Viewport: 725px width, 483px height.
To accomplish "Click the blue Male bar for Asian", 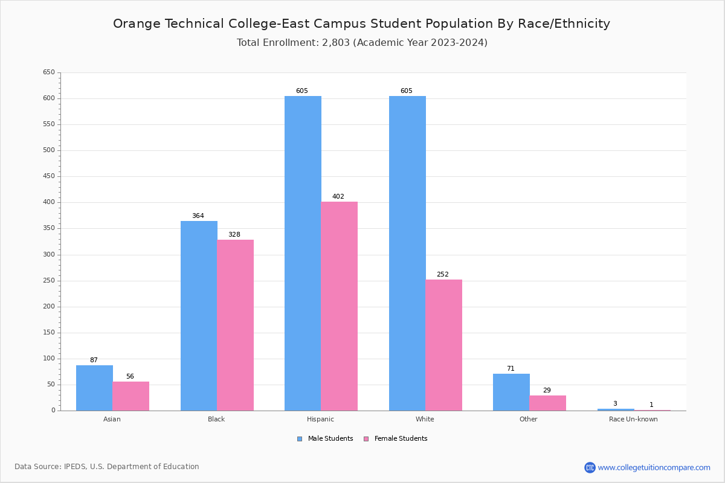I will pos(94,388).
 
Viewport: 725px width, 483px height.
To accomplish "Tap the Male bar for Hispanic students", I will pos(303,254).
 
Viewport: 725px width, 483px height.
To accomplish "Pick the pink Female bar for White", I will pos(443,345).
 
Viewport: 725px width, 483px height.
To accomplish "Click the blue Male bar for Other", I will pos(511,392).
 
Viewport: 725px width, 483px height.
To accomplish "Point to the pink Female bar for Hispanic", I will pos(339,306).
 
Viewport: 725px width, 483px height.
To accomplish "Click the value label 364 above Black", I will pos(198,216).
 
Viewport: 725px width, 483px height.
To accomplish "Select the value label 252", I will pos(443,275).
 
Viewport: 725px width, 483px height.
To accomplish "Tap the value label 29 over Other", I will pos(547,391).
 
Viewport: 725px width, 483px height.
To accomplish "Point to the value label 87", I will pos(94,360).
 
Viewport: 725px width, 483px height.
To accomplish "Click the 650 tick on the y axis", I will pos(49,72).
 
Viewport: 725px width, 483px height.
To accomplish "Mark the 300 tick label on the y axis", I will pos(49,255).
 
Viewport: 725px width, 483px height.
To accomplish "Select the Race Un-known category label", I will pos(633,419).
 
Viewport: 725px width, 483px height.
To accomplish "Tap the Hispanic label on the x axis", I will pos(320,419).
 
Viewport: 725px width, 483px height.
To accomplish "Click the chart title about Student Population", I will pos(361,24).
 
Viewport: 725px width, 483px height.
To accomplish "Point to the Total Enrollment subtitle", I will pos(362,43).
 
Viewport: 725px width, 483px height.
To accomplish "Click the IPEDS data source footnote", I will pos(107,467).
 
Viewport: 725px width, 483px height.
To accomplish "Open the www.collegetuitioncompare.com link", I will pos(654,467).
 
